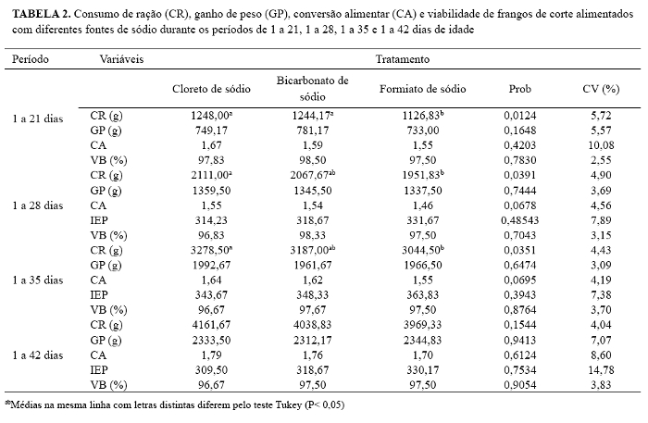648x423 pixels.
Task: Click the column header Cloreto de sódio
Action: [208, 89]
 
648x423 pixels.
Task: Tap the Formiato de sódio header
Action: [423, 89]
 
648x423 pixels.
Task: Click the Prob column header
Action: [519, 89]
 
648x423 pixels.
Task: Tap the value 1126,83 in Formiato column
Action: [424, 115]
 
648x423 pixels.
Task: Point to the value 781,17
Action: [312, 131]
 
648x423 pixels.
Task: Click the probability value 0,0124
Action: [519, 115]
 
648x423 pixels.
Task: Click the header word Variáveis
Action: [122, 58]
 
